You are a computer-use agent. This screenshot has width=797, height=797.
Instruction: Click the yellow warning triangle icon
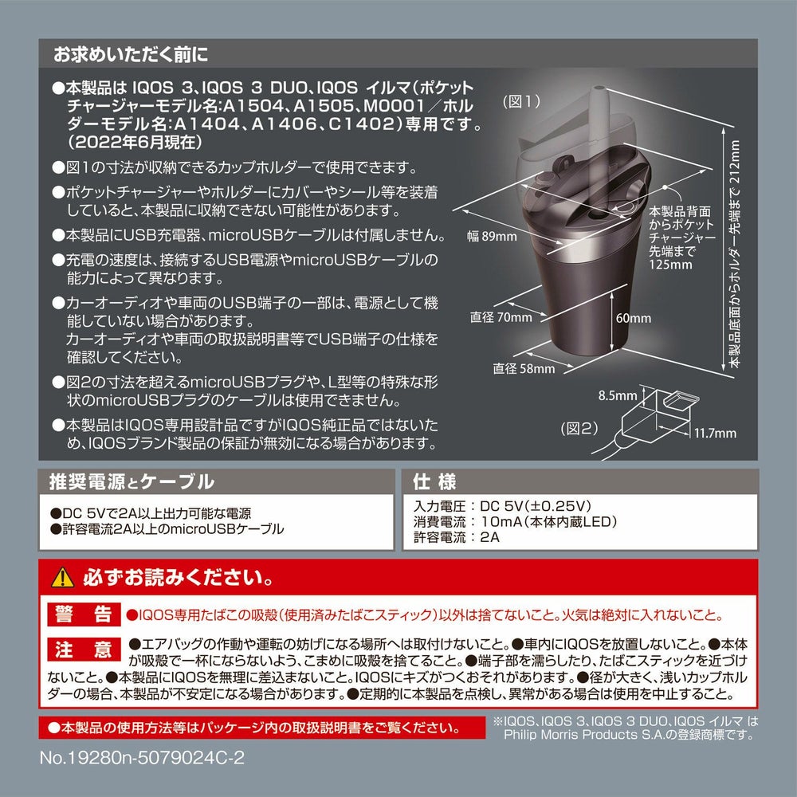point(62,577)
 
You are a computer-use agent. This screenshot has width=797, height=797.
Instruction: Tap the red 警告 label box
point(84,614)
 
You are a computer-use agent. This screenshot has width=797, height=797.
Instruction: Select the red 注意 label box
point(84,649)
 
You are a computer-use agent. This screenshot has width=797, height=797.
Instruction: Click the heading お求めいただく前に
point(132,54)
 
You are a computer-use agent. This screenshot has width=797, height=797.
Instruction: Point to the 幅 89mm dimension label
point(492,236)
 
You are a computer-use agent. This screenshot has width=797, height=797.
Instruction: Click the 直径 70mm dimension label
point(501,317)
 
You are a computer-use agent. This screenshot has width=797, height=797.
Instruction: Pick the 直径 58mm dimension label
point(524,368)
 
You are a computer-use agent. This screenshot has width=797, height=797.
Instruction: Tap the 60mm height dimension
point(634,318)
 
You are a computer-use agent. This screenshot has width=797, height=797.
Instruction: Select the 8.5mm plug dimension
point(617,395)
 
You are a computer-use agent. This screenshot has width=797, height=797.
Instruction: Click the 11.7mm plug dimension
point(715,433)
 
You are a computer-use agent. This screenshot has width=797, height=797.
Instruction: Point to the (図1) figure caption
point(521,102)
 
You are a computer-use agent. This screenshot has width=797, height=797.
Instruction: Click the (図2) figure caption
point(579,429)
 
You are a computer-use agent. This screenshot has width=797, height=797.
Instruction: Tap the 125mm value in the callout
point(670,265)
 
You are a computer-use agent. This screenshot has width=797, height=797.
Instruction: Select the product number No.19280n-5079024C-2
point(142,758)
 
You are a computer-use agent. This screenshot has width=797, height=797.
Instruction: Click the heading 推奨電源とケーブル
point(132,481)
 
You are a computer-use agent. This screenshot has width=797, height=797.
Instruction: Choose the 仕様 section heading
point(434,481)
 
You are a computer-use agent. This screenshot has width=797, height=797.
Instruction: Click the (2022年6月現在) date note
point(135,143)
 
